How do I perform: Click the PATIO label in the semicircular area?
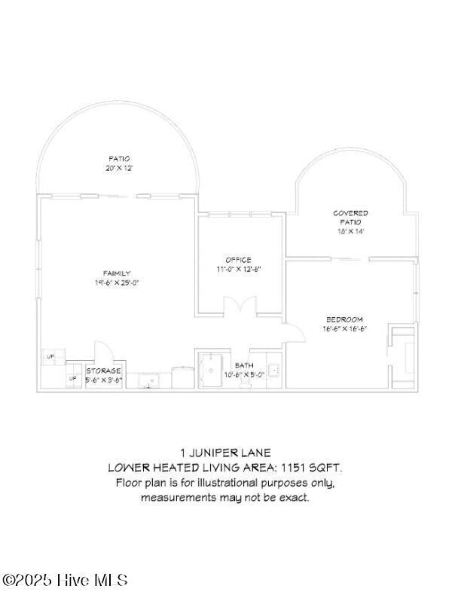point(119,158)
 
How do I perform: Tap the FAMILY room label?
point(117,273)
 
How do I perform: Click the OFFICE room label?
point(238,260)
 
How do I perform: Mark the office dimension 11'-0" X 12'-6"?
point(238,269)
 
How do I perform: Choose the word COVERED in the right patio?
point(350,213)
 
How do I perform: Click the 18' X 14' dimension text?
point(350,231)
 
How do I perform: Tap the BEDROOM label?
point(344,319)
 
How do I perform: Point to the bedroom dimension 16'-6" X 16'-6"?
point(344,328)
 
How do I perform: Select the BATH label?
point(244,365)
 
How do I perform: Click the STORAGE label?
point(103,371)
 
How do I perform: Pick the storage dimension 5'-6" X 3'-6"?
point(103,380)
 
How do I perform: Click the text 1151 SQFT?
point(312,468)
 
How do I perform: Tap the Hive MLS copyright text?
point(65,580)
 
